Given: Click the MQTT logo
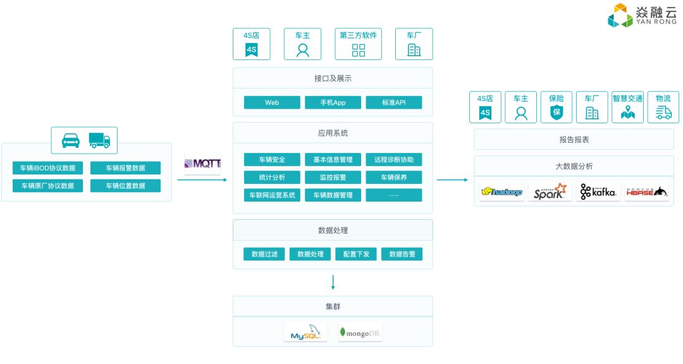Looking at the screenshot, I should point(203,163).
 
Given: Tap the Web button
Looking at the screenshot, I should point(272,102).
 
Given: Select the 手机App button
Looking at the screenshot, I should point(333,102).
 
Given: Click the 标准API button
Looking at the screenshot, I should point(394,102).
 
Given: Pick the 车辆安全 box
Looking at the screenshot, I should point(272,159).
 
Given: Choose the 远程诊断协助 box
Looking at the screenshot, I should point(394,159).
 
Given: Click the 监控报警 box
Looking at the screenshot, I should point(333,178).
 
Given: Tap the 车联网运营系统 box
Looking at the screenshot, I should point(272,195).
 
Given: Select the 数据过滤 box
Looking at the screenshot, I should point(264,254).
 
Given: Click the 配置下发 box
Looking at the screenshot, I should point(356,254).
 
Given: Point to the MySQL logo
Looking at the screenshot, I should point(305,332).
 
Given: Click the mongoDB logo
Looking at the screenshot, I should point(360,332).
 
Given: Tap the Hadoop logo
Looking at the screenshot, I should point(501,192).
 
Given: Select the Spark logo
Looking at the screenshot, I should point(550,192).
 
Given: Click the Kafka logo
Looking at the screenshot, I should point(598,192).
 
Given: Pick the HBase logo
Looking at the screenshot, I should point(646,192).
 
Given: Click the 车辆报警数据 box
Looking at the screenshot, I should point(125,168).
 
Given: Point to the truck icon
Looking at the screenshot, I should point(99,140).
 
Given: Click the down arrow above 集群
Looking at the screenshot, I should point(333,282).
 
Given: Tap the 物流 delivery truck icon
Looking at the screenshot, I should point(663,112).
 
